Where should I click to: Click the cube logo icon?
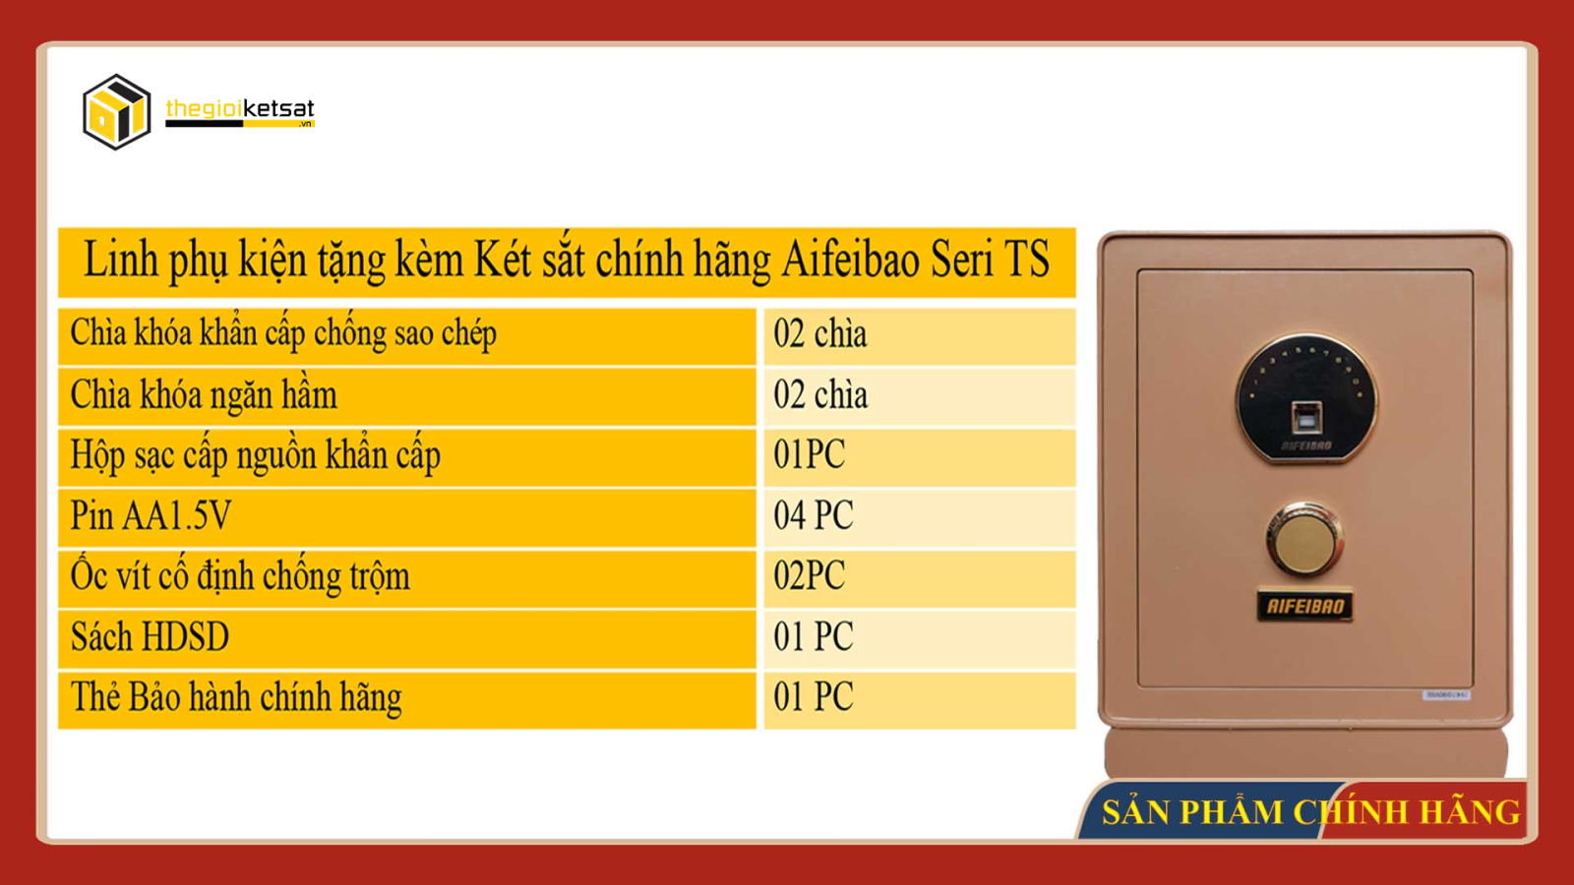117,112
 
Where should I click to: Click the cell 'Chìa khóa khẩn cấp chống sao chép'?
283,333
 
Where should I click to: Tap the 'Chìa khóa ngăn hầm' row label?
204,394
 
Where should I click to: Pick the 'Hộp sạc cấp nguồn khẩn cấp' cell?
255,455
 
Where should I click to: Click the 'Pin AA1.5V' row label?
151,515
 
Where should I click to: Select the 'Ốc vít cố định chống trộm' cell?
240,576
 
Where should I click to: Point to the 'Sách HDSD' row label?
150,636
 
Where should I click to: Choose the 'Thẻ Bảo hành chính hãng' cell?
236,697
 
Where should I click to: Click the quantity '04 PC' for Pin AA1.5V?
813,515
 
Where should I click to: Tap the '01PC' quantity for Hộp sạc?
809,454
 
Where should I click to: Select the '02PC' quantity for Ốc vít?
809,576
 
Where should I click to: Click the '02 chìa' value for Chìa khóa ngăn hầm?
820,394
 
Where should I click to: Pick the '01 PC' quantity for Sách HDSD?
813,636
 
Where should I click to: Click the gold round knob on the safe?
1304,541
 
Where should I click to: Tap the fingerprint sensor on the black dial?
1306,419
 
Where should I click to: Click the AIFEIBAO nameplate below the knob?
1304,606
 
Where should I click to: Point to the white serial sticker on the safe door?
1445,694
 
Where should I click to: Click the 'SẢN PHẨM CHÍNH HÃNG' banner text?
1311,812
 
